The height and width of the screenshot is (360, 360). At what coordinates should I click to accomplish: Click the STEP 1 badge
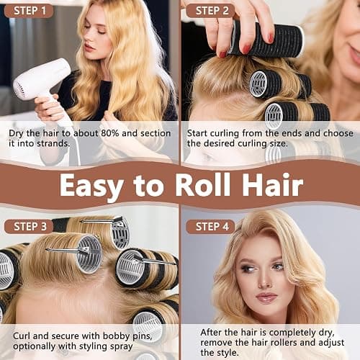point(29,11)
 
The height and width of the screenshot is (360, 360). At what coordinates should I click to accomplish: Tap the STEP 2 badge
point(210,11)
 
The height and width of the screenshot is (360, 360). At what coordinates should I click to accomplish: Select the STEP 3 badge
point(29,227)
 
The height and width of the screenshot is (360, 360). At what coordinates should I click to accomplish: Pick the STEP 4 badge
point(210,227)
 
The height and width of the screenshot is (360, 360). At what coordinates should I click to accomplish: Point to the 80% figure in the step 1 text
point(109,133)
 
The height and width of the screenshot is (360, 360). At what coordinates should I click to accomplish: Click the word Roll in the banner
point(203,185)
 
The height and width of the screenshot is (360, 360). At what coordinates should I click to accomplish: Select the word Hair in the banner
point(273,185)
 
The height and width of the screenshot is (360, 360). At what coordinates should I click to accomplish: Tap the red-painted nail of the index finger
point(271,37)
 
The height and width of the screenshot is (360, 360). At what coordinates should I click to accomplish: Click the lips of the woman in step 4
point(266,297)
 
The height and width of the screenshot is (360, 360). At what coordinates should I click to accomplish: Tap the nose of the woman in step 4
point(264,281)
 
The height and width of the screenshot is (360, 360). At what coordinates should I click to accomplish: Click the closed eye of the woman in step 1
point(100,31)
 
